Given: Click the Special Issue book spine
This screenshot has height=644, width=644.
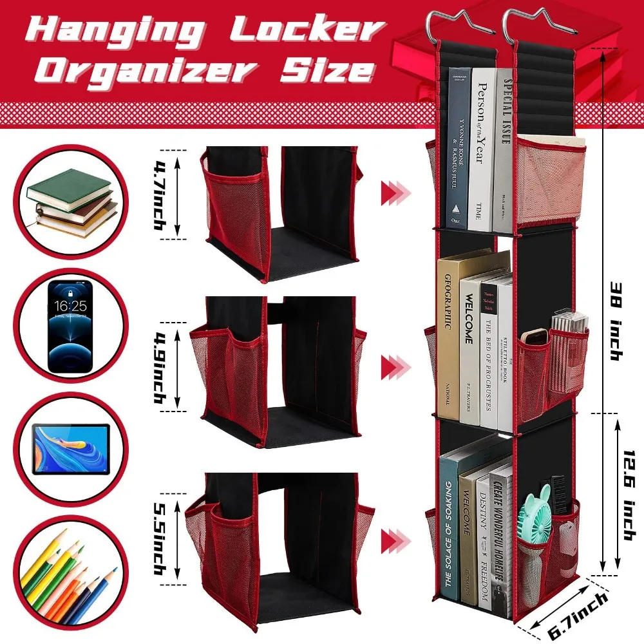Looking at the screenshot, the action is (505, 148).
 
